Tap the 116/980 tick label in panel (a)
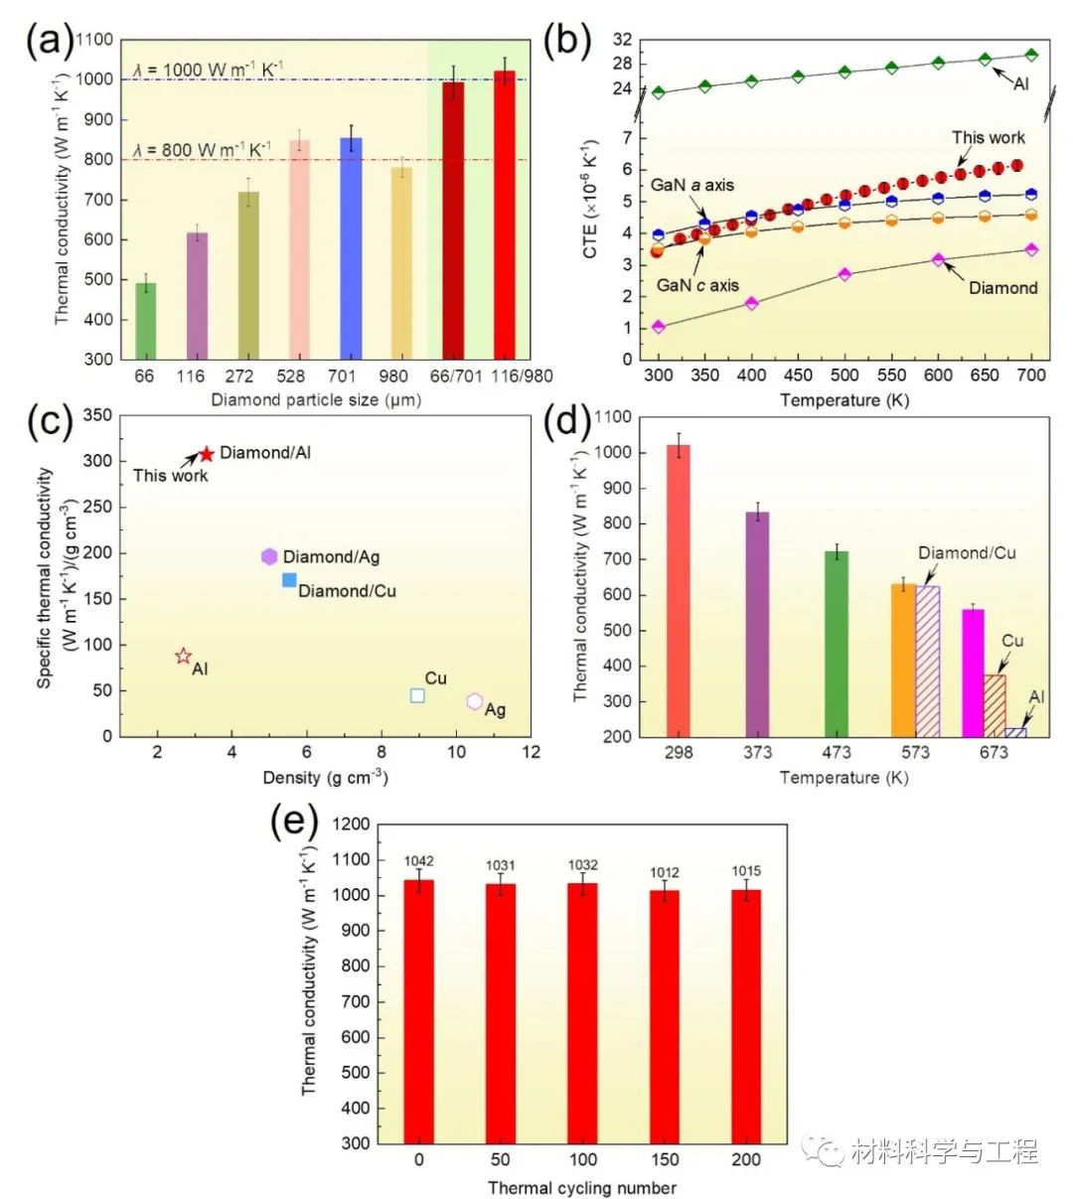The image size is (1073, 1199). pos(510,376)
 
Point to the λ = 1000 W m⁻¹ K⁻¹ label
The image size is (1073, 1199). pos(207,71)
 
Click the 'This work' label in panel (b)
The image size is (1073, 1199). pos(988,138)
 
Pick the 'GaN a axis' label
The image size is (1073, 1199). pos(692,186)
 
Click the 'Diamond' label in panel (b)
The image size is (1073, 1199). pos(1002,288)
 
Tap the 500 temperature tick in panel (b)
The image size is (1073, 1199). pos(844,375)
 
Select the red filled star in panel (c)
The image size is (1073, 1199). pos(207,454)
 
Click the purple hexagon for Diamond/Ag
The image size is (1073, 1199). pos(269,556)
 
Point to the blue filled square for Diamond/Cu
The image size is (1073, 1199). pos(289,580)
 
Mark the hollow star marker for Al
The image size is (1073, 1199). pos(183,656)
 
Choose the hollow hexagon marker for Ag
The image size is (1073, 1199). pos(475,702)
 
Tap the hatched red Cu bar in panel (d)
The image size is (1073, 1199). pos(994,705)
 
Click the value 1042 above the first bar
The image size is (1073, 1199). pos(418,861)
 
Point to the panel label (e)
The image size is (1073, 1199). pos(294,824)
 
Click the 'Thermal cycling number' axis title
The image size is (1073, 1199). pos(581,1188)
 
